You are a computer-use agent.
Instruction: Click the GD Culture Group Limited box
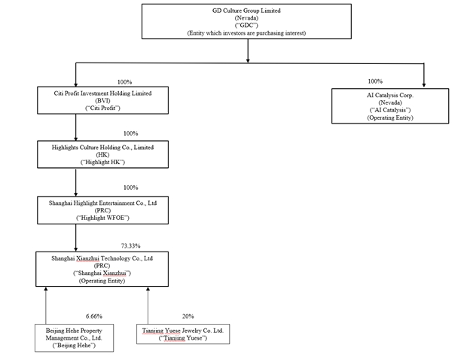(246, 21)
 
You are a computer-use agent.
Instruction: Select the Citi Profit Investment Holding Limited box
(102, 100)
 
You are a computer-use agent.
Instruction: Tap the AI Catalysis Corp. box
(390, 105)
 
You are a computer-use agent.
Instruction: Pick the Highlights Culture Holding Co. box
(102, 154)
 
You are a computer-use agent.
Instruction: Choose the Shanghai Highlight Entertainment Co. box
(102, 210)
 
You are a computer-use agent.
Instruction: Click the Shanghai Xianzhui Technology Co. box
(102, 269)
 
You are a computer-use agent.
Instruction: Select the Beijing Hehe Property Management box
(74, 338)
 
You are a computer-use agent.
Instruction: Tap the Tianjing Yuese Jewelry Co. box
(183, 334)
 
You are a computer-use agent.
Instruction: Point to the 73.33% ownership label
(131, 246)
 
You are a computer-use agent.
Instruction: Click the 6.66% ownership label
(94, 316)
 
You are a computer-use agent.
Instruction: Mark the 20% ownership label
(188, 316)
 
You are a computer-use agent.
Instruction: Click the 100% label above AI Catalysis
(375, 81)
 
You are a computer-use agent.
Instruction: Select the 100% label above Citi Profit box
(125, 82)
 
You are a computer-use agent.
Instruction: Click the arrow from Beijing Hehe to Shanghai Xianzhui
(46, 306)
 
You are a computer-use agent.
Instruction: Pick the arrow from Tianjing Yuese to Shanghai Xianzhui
(148, 306)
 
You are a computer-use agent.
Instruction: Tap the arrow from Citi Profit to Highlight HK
(76, 127)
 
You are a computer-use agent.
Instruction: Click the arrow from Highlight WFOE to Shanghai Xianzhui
(76, 238)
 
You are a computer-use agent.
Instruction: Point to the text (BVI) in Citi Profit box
(102, 101)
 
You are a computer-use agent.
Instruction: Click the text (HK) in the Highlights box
(102, 154)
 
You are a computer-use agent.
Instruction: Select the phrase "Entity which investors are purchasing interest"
(246, 33)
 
